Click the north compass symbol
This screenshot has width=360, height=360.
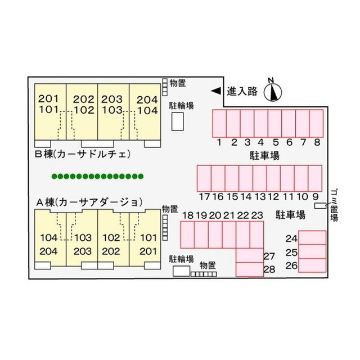[x=272, y=92]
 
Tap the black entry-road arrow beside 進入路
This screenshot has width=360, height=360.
[x=216, y=91]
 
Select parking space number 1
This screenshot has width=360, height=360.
[x=219, y=124]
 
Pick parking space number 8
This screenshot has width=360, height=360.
[x=316, y=124]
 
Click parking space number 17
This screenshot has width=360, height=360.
[x=204, y=178]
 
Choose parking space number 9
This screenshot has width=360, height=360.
[x=315, y=178]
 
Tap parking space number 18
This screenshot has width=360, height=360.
[x=187, y=235]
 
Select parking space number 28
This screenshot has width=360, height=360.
[x=250, y=269]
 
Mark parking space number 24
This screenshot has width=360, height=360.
[x=312, y=238]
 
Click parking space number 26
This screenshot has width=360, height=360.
[x=312, y=265]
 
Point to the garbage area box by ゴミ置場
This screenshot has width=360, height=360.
[x=320, y=206]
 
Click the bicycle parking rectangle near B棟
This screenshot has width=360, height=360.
[x=178, y=121]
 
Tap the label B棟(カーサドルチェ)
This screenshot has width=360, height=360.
[x=83, y=154]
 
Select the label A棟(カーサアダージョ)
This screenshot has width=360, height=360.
[x=89, y=202]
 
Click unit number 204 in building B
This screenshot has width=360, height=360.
[x=147, y=100]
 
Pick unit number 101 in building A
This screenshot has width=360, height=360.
[x=148, y=237]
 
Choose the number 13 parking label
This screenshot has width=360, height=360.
[x=260, y=197]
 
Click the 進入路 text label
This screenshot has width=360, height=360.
[x=242, y=91]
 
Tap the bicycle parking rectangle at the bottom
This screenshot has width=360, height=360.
[x=181, y=271]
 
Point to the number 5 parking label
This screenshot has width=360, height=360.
[x=276, y=142]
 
